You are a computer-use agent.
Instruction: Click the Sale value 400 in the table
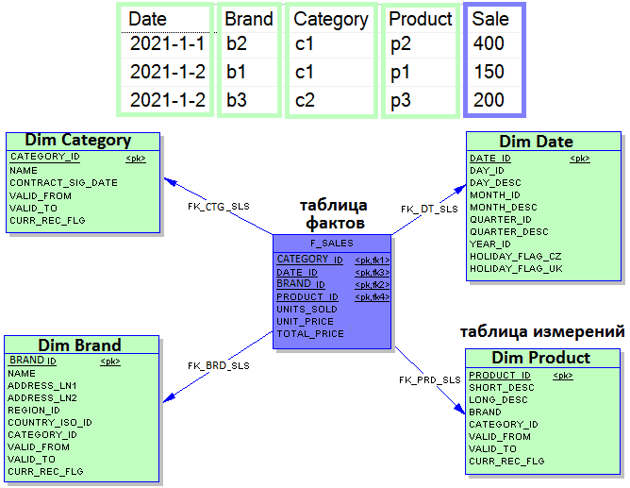pos(489,43)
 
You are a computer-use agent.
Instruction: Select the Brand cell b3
pos(236,100)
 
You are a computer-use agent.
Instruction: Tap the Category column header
pos(331,20)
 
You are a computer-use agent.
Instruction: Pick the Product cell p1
pos(400,73)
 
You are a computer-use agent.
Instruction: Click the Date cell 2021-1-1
pos(168,43)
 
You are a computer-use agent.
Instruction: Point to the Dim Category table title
pos(78,140)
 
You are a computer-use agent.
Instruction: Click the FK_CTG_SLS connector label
pos(219,206)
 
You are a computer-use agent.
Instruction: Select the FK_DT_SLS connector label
pos(429,209)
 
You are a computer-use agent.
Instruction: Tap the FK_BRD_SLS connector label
pos(219,365)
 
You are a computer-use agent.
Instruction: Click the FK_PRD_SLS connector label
pos(429,379)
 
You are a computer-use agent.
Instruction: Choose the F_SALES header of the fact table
pos(331,244)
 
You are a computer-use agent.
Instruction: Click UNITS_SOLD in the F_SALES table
pos(307,309)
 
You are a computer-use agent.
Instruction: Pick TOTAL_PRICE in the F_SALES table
pos(310,333)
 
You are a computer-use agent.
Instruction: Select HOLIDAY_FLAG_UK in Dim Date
pos(516,268)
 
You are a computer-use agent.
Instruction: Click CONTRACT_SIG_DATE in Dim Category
pos(63,183)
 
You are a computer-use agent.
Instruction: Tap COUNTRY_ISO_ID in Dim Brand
pos(50,423)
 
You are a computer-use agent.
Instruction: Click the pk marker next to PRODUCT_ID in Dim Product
pos(562,376)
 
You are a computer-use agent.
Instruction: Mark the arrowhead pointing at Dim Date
pos(460,190)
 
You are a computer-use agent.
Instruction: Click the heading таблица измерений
pos(542,332)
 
